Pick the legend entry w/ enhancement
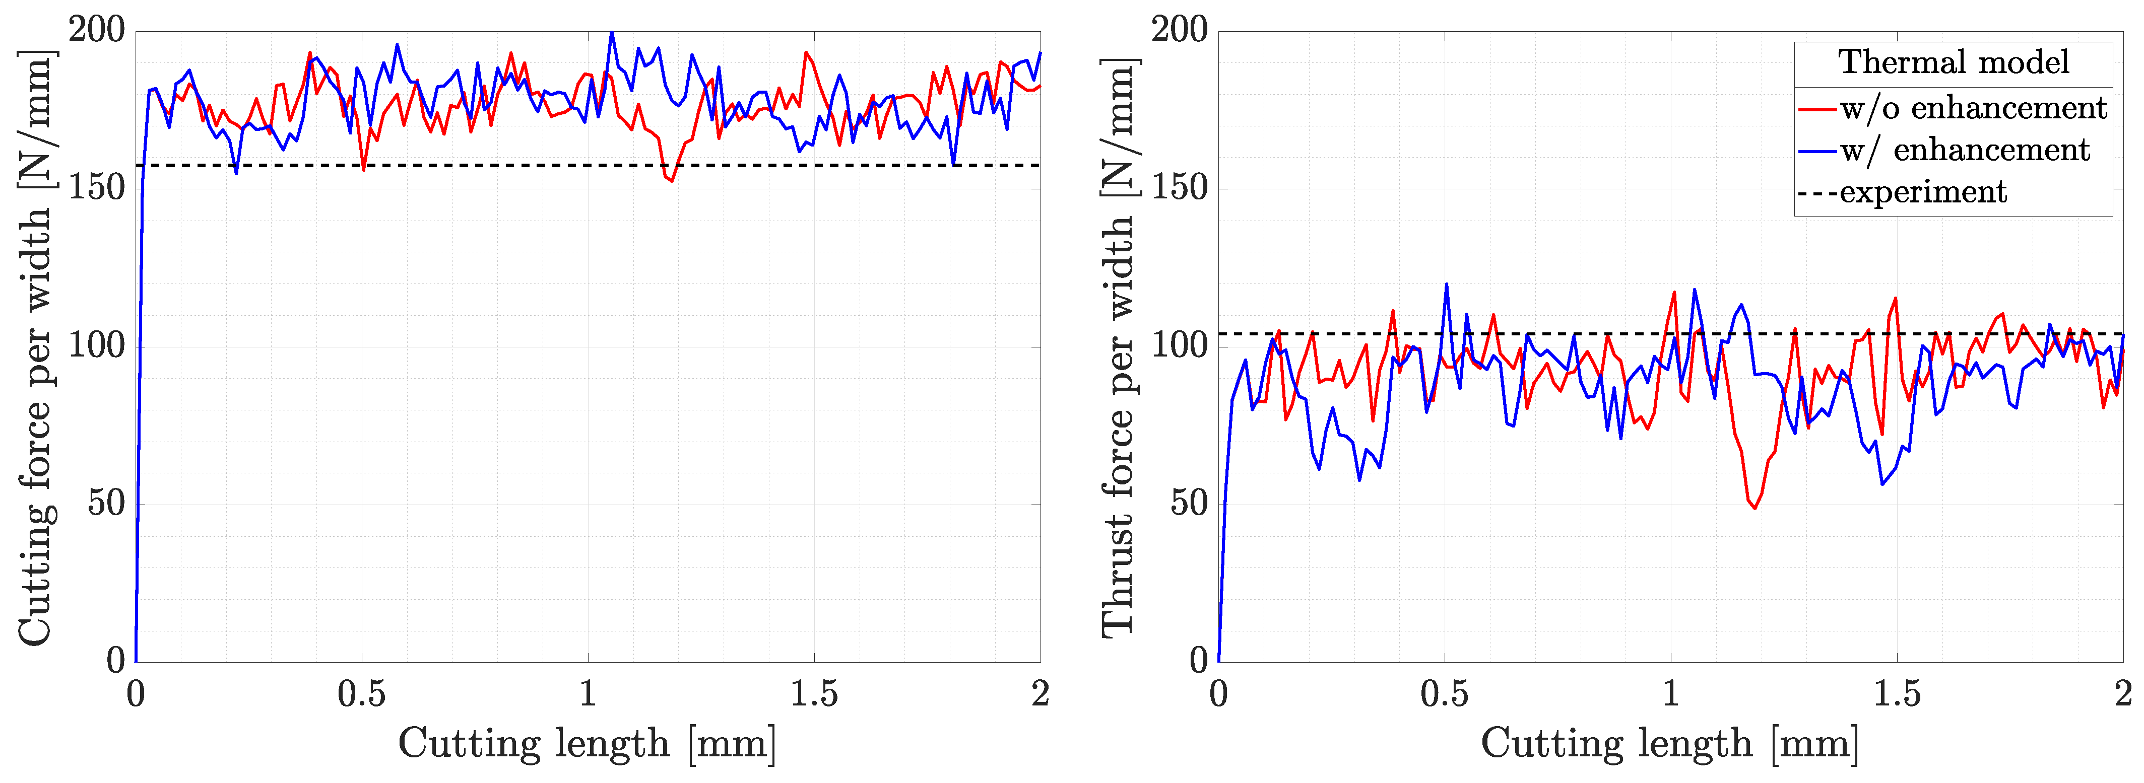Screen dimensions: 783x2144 [x=1964, y=150]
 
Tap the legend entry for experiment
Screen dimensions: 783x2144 [x=1923, y=192]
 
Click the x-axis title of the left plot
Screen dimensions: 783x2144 [x=587, y=743]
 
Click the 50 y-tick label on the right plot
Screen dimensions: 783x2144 [x=1189, y=504]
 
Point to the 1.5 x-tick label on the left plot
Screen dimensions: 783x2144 [x=813, y=693]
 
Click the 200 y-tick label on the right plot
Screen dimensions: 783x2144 [x=1179, y=31]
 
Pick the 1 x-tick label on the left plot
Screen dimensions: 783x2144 [x=588, y=693]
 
